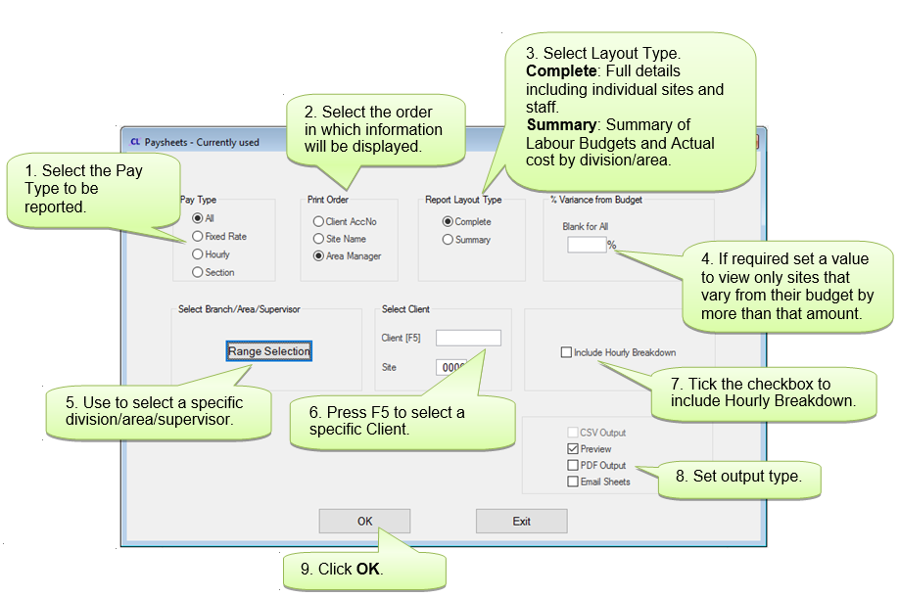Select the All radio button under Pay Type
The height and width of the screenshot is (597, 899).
pos(198,218)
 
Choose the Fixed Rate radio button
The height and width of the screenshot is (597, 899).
pos(198,236)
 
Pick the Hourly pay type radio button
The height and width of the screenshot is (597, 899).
pos(198,254)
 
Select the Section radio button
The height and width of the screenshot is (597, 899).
pos(198,272)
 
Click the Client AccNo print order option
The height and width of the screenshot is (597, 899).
pos(318,222)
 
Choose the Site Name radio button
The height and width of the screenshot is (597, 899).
pos(318,239)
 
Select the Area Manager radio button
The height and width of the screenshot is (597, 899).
pos(318,256)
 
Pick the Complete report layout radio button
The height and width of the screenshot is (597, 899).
pos(448,222)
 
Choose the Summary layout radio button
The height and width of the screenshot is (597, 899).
pos(448,239)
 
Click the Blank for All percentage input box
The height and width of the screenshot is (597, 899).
pos(586,245)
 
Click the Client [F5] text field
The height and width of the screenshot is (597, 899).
pos(467,338)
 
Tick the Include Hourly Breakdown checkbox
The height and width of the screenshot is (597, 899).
pos(566,352)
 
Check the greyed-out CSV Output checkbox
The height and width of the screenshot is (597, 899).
pos(573,433)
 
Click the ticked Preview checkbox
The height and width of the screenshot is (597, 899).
pos(573,449)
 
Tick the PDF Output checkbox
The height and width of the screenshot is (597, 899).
pos(573,466)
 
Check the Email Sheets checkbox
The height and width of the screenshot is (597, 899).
pos(573,482)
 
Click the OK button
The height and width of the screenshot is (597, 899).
pos(364,522)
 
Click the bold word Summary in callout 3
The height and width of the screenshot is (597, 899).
pos(561,125)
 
